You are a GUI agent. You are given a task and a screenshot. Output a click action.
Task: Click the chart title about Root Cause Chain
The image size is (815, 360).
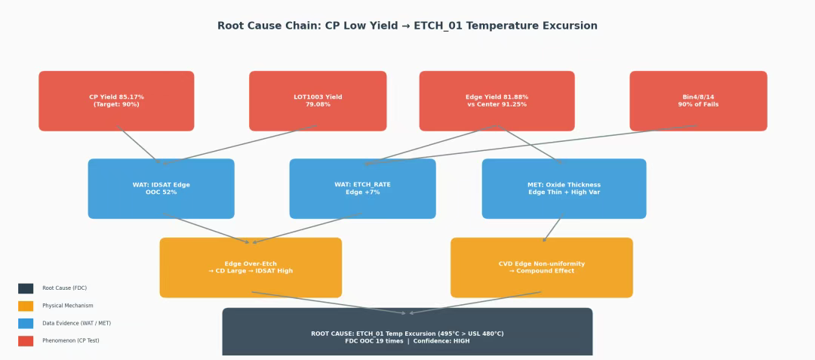tap(407, 26)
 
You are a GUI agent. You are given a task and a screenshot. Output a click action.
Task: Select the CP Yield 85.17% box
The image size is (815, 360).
tap(116, 101)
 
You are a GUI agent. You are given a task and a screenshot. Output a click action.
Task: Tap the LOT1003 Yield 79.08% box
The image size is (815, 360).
tap(318, 101)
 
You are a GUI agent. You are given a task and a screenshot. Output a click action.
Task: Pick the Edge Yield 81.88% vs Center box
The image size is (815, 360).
tap(497, 101)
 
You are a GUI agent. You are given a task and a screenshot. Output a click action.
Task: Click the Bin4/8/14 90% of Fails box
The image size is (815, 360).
tap(698, 101)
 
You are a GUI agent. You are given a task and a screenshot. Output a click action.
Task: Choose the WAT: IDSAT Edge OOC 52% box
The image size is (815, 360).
tap(161, 189)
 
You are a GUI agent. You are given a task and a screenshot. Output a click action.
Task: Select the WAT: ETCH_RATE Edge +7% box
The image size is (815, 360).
tap(362, 189)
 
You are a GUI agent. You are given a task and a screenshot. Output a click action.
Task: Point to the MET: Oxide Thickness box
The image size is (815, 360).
tap(564, 189)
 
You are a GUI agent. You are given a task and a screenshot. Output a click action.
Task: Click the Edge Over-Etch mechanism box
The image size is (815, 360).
tap(251, 267)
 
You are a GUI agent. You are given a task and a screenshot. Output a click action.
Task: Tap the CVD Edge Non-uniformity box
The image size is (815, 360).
tap(541, 267)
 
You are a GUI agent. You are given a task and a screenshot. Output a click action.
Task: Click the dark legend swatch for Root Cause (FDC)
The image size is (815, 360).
tap(26, 288)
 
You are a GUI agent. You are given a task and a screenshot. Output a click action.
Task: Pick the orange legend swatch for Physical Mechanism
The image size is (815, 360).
tap(26, 306)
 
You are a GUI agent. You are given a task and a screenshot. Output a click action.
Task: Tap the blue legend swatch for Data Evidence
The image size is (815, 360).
tap(26, 323)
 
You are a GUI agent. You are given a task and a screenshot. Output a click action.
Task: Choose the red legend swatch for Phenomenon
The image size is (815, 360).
tap(26, 340)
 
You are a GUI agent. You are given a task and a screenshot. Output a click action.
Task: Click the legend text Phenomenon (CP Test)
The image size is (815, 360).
tap(71, 340)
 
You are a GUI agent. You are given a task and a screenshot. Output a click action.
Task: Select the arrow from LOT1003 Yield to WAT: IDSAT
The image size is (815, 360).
tap(241, 144)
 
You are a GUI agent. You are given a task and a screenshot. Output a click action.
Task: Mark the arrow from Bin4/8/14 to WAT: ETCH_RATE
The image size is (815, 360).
tap(528, 144)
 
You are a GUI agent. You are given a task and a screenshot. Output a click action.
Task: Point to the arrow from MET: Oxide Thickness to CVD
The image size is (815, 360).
tap(552, 229)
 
